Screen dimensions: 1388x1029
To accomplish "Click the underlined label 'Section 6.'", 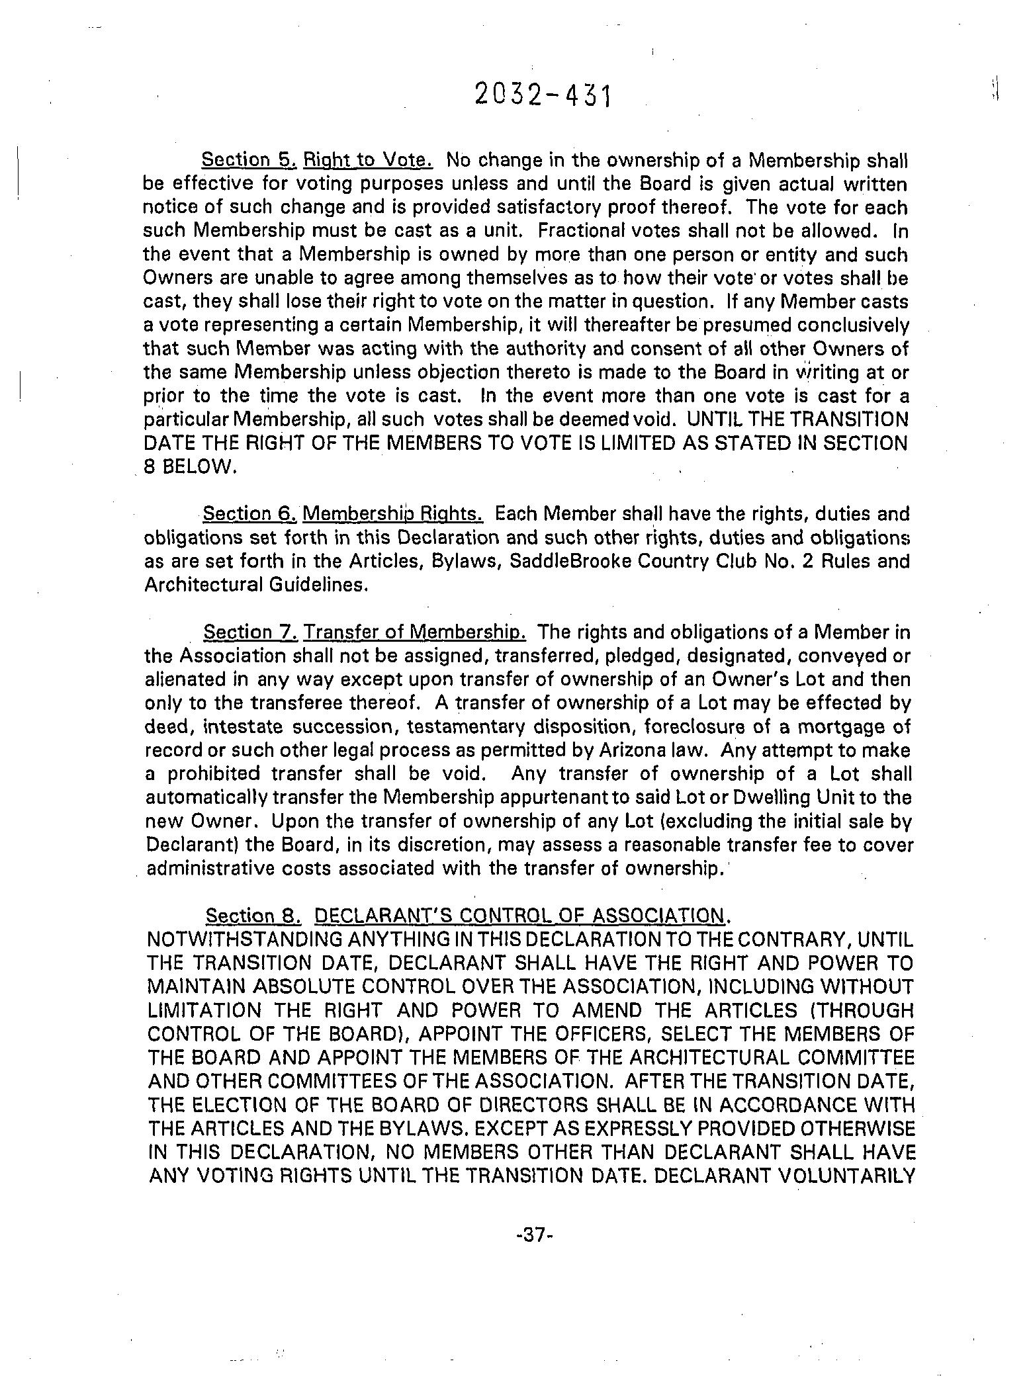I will click(251, 513).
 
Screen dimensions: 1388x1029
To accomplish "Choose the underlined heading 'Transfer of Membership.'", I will click(414, 632).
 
